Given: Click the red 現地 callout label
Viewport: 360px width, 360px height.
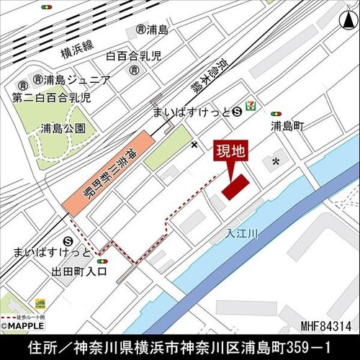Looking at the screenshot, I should (x=231, y=152).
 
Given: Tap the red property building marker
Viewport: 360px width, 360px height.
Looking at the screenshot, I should (x=234, y=186).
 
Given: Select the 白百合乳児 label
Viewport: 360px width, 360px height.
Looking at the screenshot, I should (x=134, y=55).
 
